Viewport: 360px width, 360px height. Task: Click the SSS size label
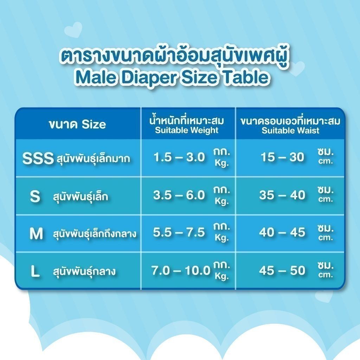[x=38, y=158]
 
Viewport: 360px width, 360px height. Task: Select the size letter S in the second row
[x=35, y=196]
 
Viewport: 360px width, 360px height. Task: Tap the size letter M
[x=36, y=233]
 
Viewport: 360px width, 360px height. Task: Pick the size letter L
[x=35, y=271]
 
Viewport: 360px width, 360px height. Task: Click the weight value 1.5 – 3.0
[x=179, y=157]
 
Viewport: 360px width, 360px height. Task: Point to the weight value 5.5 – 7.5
[x=179, y=232]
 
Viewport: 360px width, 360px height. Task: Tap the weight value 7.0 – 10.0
[x=181, y=270]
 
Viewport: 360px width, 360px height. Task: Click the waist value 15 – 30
[x=282, y=157]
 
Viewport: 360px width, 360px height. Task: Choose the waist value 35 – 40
[x=282, y=195]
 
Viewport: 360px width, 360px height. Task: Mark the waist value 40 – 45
[x=282, y=232]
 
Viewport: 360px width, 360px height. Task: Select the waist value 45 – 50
[x=282, y=270]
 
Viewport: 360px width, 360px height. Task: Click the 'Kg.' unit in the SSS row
[x=222, y=163]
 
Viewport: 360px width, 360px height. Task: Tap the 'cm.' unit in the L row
[x=326, y=274]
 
